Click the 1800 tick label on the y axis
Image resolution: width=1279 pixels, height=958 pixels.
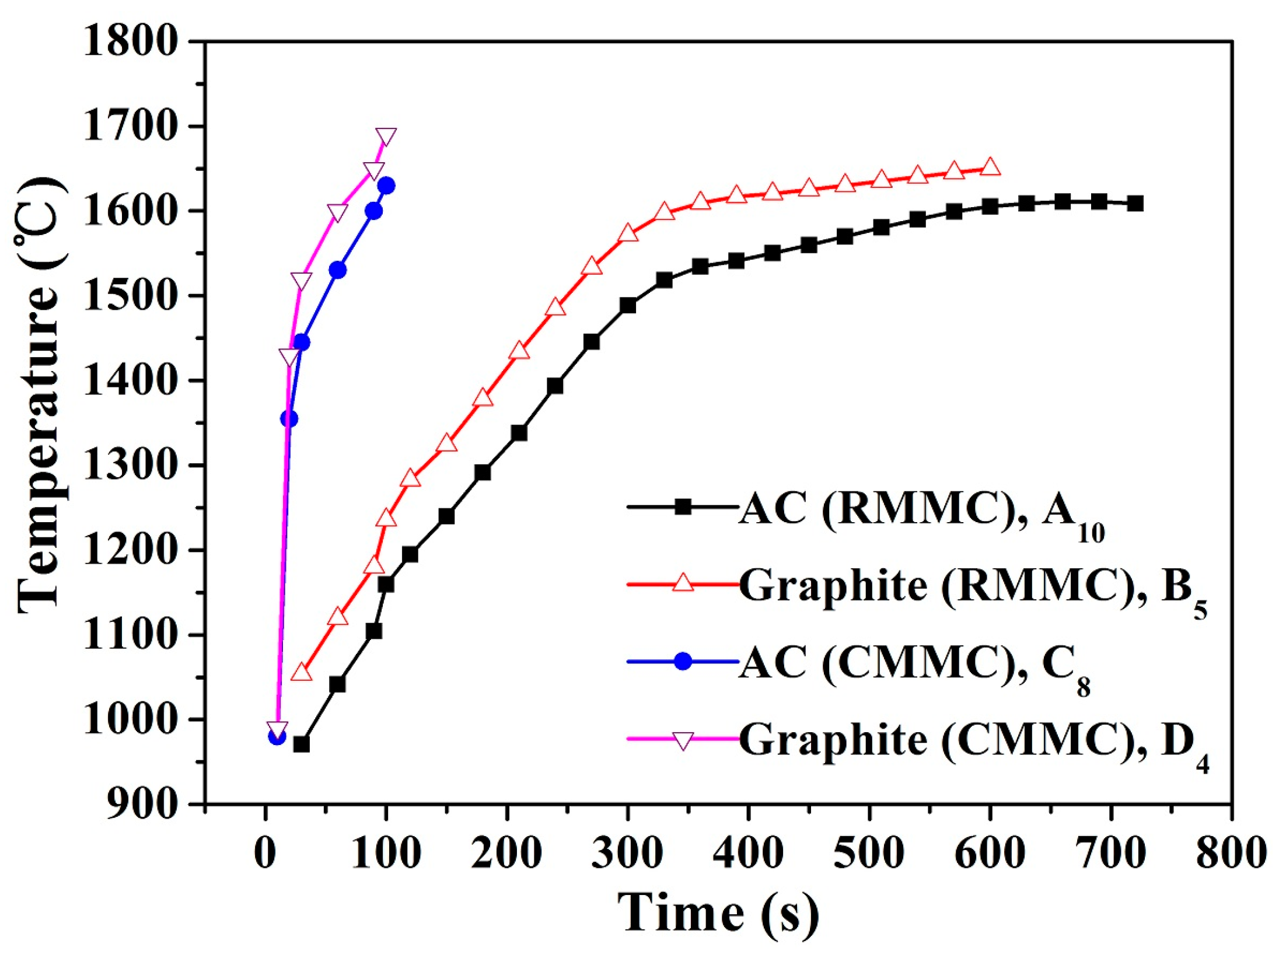[x=130, y=42]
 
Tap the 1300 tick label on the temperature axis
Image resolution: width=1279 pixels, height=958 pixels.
[x=130, y=465]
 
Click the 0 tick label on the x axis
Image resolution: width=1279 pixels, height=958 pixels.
[x=265, y=853]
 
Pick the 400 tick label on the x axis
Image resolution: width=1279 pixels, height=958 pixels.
[x=748, y=853]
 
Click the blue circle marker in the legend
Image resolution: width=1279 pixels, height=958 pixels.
[x=683, y=662]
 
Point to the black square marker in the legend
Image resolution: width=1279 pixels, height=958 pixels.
[x=683, y=506]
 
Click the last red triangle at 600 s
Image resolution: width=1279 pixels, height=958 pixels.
[x=990, y=168]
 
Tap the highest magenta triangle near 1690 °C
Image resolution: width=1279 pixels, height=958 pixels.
[x=386, y=137]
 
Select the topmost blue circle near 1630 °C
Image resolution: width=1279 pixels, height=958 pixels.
[x=386, y=186]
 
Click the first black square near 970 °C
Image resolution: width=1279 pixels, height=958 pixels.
[x=302, y=744]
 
